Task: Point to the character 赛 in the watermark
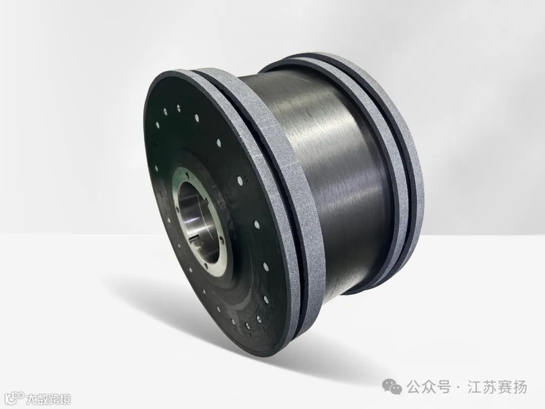(505, 387)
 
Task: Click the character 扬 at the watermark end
(520, 387)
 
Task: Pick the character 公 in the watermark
(414, 387)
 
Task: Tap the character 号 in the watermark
(444, 387)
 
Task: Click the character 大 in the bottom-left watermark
(33, 398)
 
